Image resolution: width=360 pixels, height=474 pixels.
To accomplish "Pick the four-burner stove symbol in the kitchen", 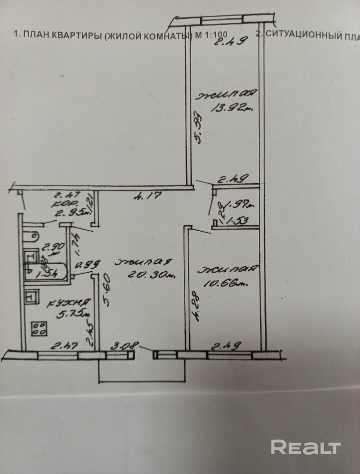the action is (x=39, y=328).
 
